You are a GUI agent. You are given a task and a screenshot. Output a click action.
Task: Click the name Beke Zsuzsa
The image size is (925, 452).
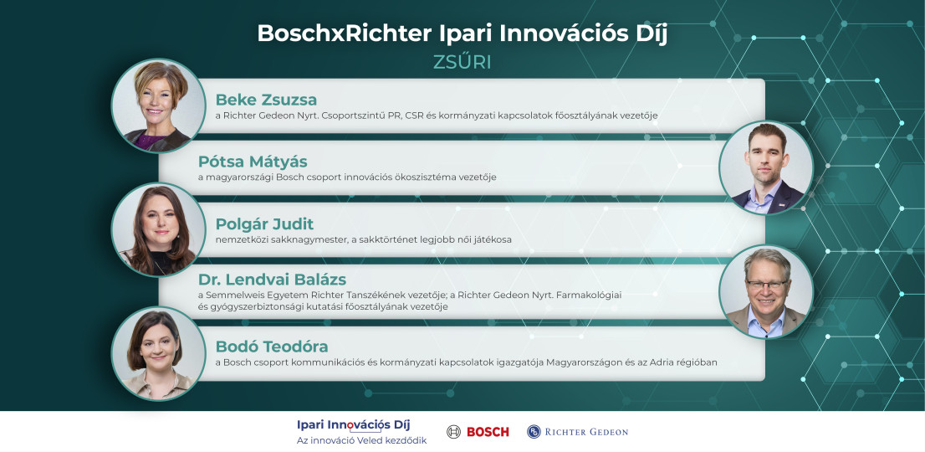[266, 100]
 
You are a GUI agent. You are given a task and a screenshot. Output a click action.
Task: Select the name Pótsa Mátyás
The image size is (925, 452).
[253, 162]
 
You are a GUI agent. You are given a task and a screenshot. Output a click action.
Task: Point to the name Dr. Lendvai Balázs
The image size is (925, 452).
[272, 280]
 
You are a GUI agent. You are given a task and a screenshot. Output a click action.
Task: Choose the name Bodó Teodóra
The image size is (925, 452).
[271, 346]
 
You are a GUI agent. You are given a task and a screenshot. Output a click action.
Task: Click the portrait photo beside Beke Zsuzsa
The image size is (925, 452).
[158, 105]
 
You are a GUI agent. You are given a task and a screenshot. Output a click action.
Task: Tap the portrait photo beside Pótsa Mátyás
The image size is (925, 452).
[765, 167]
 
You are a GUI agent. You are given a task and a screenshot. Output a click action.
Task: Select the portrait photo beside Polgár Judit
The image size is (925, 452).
[158, 229]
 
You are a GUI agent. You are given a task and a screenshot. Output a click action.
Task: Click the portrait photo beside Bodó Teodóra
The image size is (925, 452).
[158, 353]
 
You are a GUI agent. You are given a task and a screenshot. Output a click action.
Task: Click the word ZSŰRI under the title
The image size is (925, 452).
[462, 64]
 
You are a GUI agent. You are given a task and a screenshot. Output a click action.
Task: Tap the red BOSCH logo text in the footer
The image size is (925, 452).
[488, 432]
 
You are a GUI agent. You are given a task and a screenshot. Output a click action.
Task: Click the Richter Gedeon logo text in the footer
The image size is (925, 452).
[585, 432]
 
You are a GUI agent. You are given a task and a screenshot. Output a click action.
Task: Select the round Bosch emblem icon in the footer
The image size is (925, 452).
[453, 432]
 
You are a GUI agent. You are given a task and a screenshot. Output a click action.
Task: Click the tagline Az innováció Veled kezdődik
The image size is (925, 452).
[361, 441]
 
